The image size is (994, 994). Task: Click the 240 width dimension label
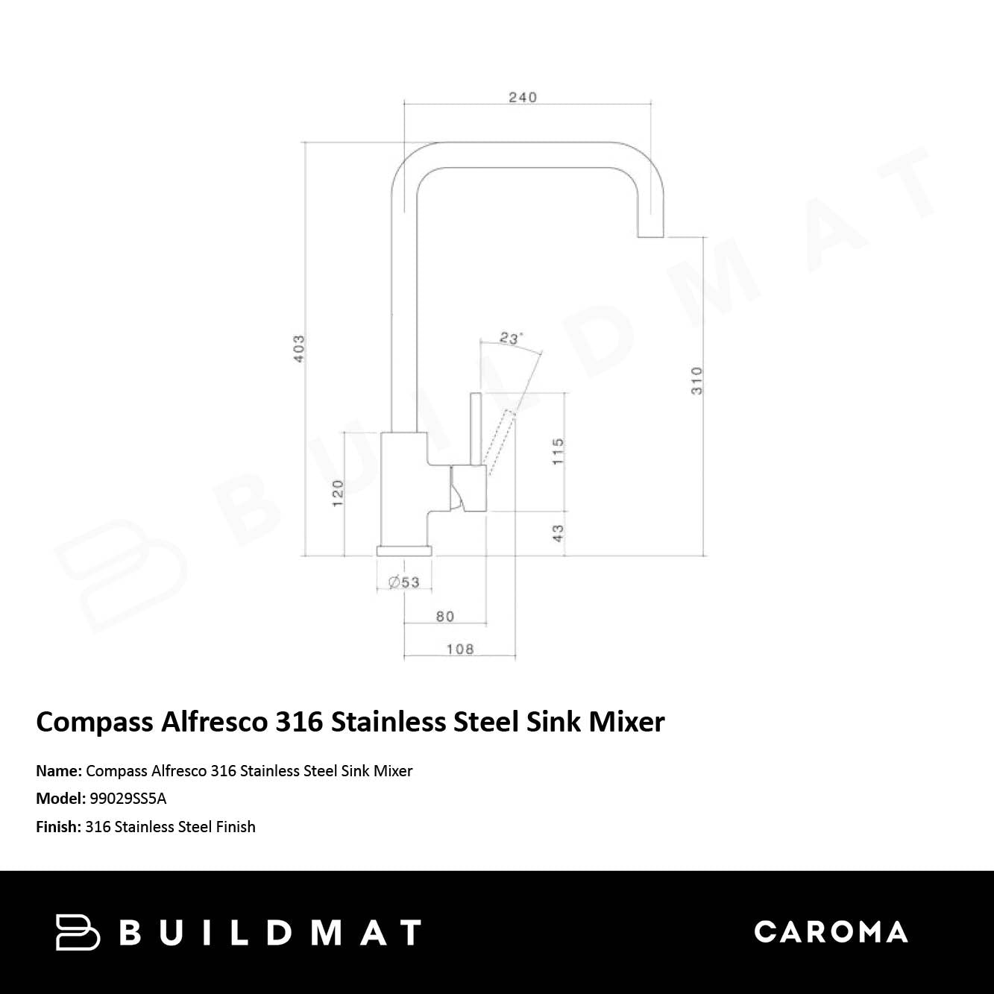coord(522,97)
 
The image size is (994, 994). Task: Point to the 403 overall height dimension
coord(299,348)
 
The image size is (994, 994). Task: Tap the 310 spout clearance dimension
coord(696,380)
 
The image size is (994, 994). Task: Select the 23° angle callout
coord(510,339)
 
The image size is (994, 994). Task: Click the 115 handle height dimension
coord(558,451)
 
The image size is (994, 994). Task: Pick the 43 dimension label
coord(558,533)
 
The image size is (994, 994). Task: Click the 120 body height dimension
coord(338,494)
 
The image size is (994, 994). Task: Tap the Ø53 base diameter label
coord(404,582)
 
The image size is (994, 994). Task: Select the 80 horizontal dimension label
coord(444,616)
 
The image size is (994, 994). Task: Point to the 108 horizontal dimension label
coord(459,649)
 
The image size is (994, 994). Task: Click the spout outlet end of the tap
coord(650,227)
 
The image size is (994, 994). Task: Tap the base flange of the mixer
coord(403,551)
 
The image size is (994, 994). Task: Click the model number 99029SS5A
coord(128,799)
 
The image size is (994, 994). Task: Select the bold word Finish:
coord(58,827)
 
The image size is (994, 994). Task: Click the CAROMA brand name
coord(831,932)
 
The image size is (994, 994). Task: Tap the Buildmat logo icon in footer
coord(77,932)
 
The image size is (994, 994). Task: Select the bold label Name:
coord(59,771)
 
